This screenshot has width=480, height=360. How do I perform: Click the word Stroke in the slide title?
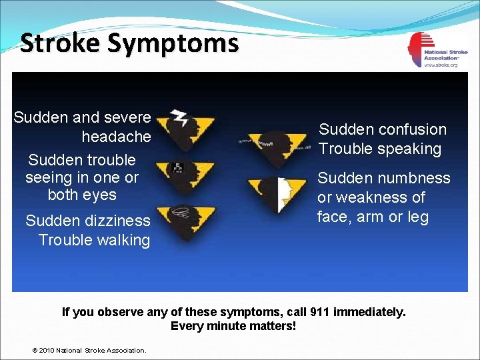click(x=61, y=43)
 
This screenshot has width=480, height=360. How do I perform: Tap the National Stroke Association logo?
click(x=433, y=49)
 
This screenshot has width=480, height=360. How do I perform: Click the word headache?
click(x=116, y=137)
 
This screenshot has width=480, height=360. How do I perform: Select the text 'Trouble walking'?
click(x=94, y=240)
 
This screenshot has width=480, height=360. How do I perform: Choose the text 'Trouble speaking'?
click(x=380, y=149)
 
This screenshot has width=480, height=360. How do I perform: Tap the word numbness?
click(x=414, y=178)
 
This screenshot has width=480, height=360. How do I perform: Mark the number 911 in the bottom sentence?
click(x=321, y=312)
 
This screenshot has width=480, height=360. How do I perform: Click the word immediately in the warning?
click(x=369, y=312)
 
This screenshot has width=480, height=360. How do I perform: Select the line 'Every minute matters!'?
click(x=233, y=326)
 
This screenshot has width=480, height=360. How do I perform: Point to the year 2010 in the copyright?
click(x=47, y=350)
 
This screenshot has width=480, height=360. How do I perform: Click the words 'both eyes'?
click(x=82, y=195)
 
